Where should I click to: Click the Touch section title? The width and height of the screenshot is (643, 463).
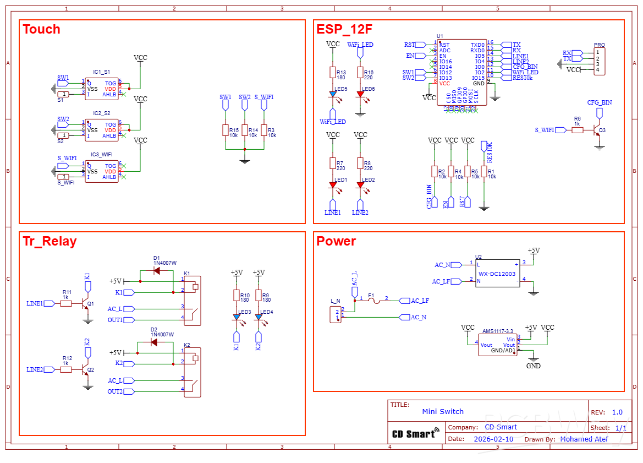pos(41,29)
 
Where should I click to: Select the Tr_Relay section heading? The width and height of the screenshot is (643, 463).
pos(50,241)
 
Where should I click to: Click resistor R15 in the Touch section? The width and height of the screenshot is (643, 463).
pos(225,130)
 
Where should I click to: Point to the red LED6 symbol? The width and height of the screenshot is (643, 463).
pos(360,94)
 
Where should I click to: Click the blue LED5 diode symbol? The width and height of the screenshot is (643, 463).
pos(333,94)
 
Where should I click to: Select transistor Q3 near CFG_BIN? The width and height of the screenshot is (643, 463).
pos(597,130)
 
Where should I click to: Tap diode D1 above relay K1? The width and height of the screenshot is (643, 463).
pos(156,271)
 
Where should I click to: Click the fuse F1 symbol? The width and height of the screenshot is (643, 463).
pos(372,301)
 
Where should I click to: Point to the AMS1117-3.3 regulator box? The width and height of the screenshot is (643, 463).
pos(497,345)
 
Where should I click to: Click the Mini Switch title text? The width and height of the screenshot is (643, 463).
pos(443,411)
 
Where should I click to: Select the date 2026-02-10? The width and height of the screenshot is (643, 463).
pos(493,439)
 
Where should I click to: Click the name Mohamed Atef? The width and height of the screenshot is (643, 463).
pos(584,439)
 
